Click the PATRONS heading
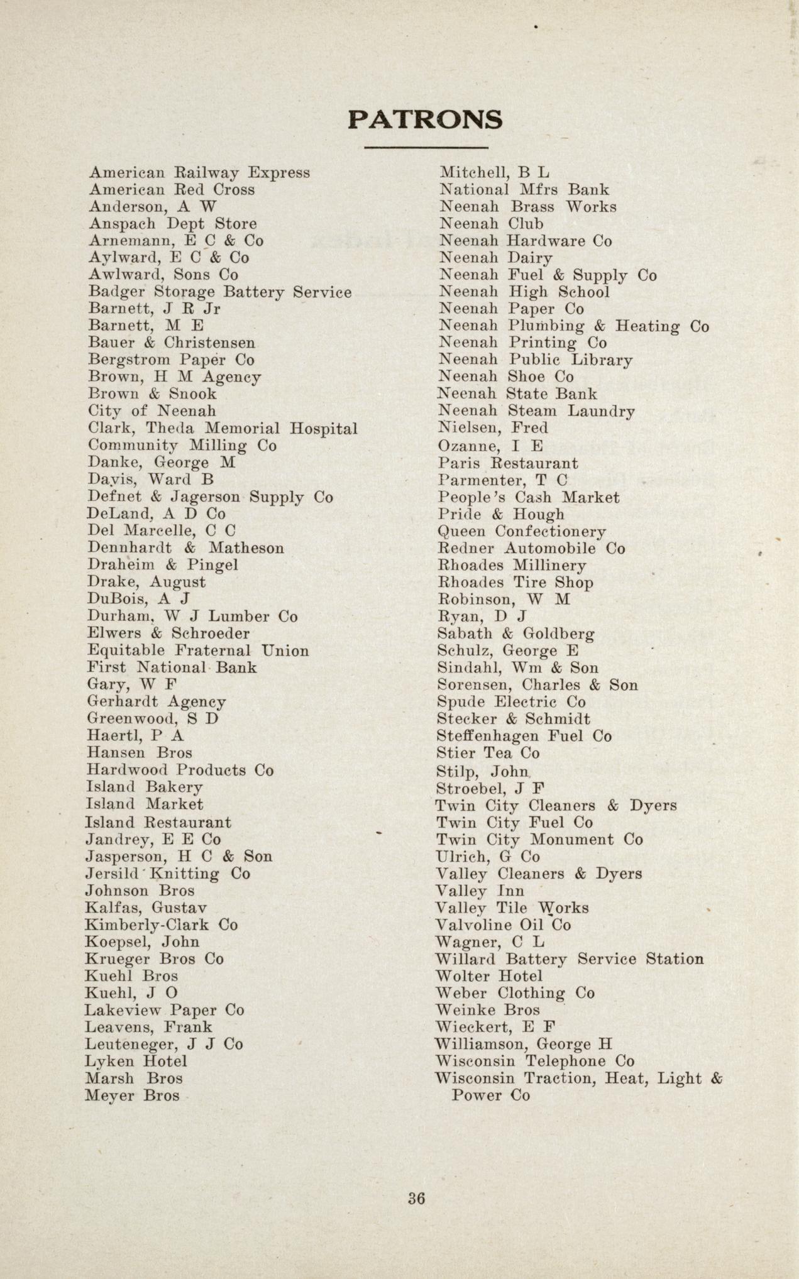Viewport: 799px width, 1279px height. click(x=425, y=119)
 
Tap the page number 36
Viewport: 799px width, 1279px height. click(x=416, y=1199)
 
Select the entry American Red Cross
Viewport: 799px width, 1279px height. click(x=172, y=189)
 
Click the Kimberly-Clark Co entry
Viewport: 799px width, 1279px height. click(x=162, y=925)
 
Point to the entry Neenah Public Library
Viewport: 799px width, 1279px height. click(x=535, y=360)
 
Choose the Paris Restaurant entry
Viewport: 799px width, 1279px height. click(x=508, y=463)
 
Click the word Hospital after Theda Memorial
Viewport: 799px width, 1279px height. click(x=324, y=429)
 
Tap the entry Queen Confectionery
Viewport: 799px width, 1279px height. click(x=522, y=532)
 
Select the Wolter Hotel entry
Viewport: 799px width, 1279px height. click(x=488, y=977)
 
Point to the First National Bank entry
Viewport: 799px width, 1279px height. click(x=172, y=667)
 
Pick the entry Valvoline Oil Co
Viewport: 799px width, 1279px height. click(x=503, y=925)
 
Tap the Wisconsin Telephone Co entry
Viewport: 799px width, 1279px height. click(x=534, y=1062)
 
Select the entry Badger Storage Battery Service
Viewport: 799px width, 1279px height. click(x=219, y=292)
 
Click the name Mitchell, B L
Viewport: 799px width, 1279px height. click(x=494, y=172)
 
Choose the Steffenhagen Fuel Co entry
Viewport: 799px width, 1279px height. click(x=524, y=736)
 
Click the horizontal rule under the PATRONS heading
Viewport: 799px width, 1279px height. click(x=426, y=148)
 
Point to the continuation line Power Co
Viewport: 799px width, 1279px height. click(x=490, y=1095)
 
